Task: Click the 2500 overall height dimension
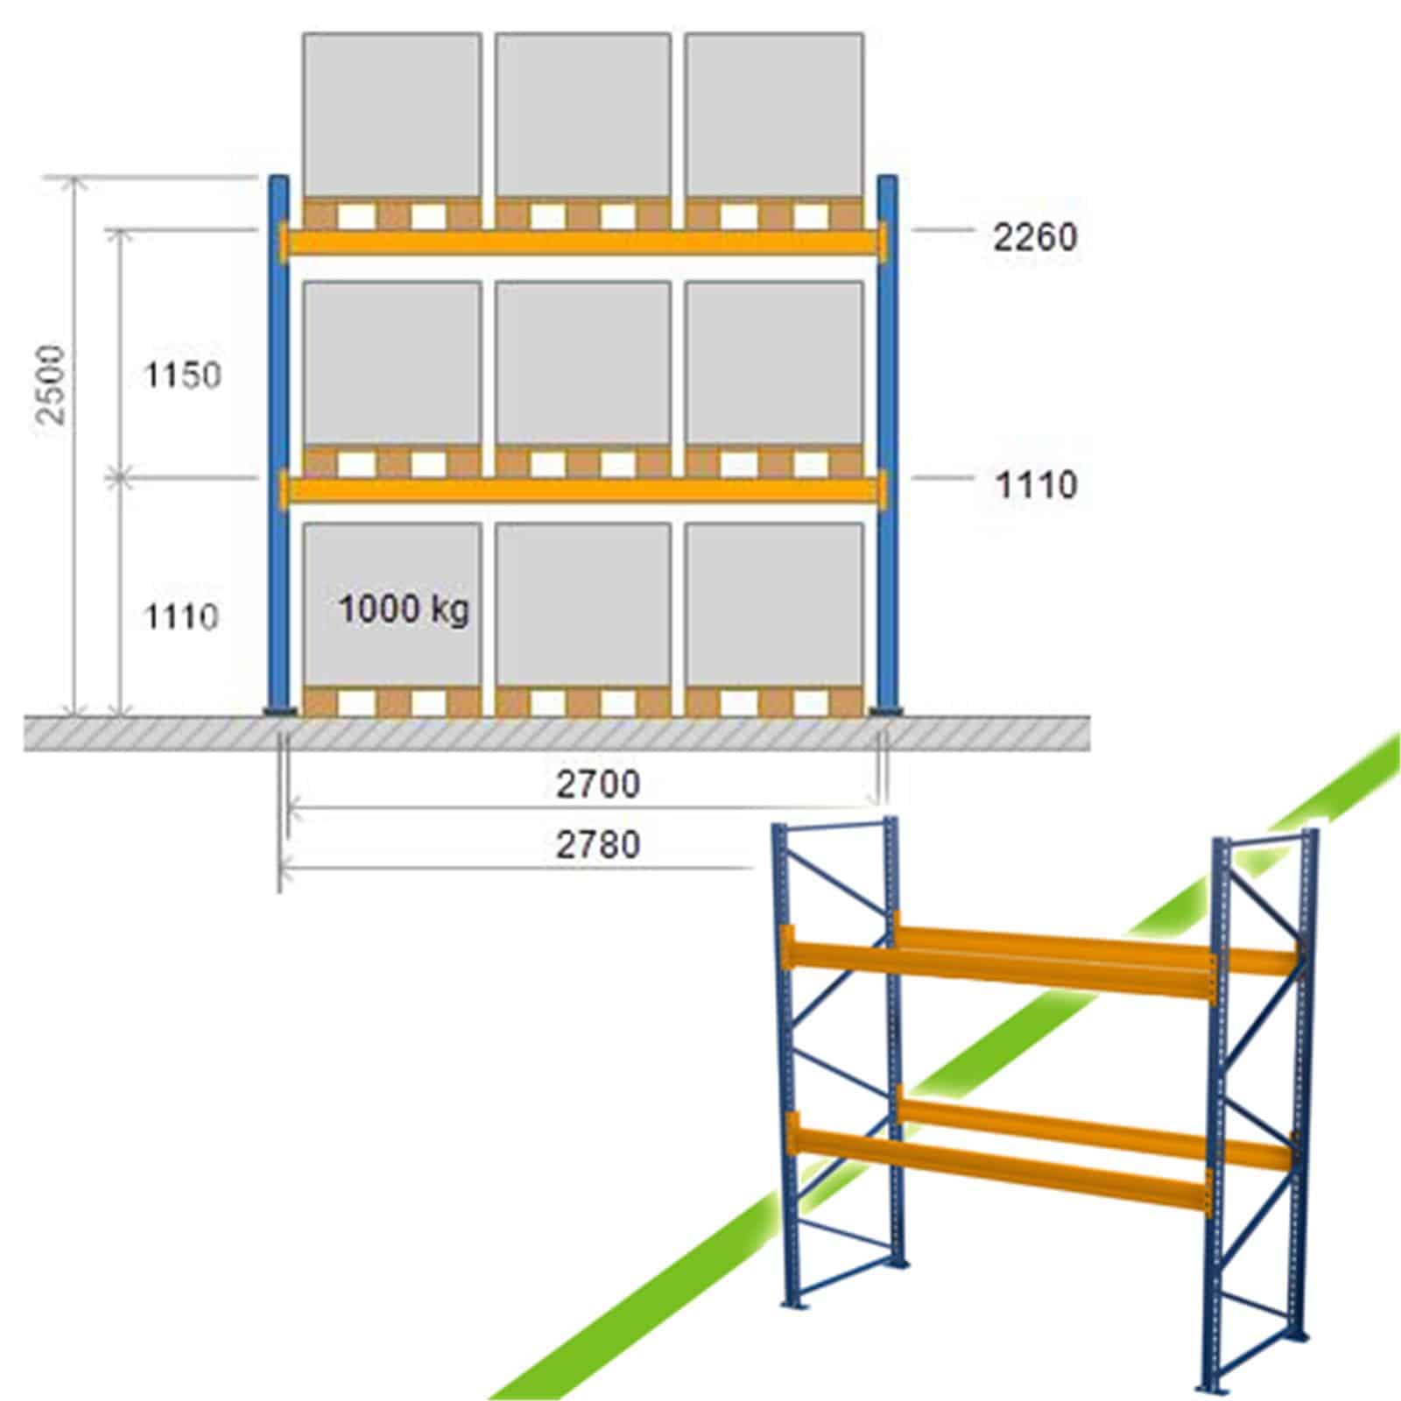pos(55,385)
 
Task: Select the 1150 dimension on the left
pos(183,377)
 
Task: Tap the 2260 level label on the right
pos(1035,237)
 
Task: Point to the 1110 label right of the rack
pos(1037,485)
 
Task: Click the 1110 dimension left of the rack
pos(181,618)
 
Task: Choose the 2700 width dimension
pos(599,784)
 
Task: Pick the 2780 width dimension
pos(599,844)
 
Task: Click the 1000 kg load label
pos(404,609)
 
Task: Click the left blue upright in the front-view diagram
pos(278,446)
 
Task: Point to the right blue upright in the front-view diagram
pos(888,446)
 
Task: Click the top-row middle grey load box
pos(583,116)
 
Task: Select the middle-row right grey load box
pos(775,363)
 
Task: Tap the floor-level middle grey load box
pos(583,605)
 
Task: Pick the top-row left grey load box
pos(391,116)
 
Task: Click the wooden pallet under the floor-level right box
pos(775,702)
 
